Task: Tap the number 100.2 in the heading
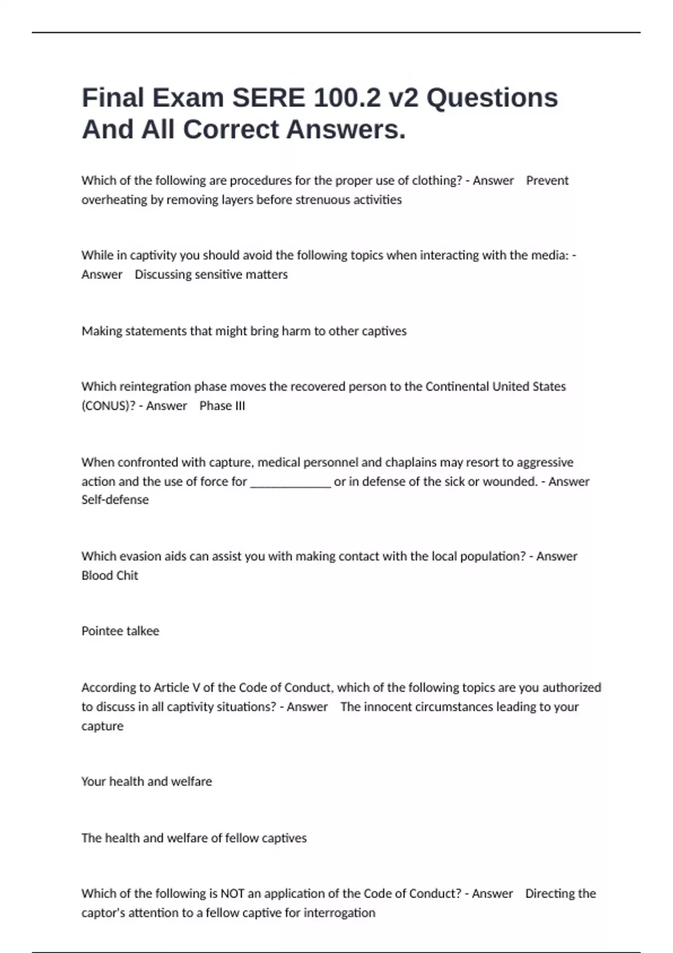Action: point(353,98)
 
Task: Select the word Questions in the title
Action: point(492,98)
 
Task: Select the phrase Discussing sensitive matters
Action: point(211,274)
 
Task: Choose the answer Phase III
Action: point(222,405)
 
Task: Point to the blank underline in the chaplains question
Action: point(290,482)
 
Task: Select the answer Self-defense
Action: point(115,499)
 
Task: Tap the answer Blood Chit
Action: point(109,575)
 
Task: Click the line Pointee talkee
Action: point(120,631)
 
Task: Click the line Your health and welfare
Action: point(146,781)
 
